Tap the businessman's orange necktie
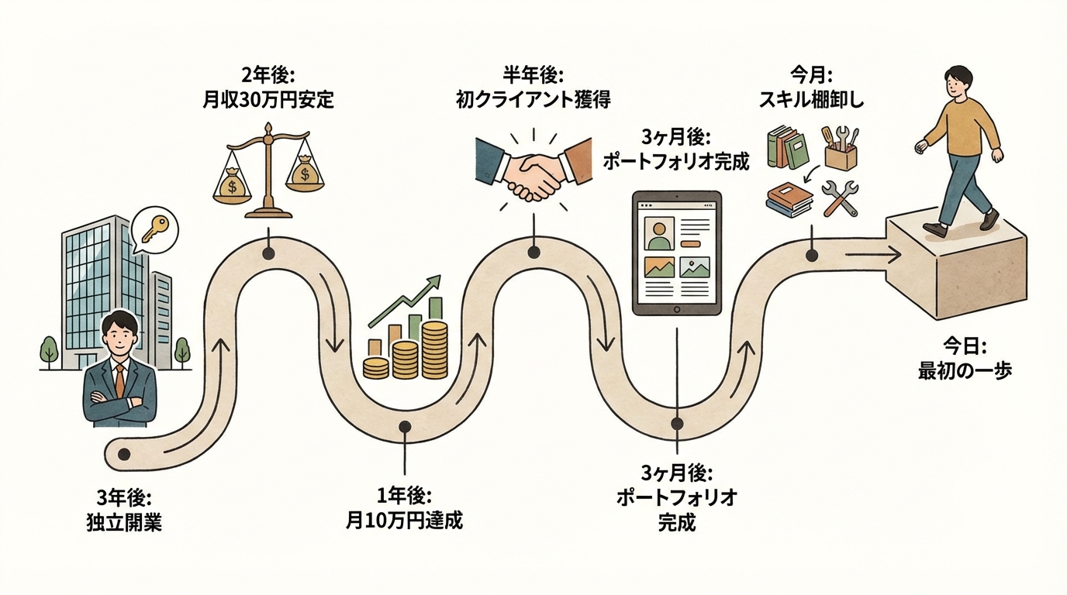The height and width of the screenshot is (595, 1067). click(119, 379)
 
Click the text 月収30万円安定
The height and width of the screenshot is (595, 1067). click(268, 100)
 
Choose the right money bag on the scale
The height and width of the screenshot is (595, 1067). click(305, 173)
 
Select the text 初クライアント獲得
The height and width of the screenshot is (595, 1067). click(533, 100)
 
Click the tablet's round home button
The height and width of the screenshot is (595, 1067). click(677, 309)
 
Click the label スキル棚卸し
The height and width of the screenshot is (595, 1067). click(811, 100)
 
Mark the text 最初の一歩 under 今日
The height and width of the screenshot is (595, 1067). click(965, 370)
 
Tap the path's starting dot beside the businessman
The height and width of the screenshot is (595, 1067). click(124, 454)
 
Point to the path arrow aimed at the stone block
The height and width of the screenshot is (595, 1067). click(872, 254)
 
